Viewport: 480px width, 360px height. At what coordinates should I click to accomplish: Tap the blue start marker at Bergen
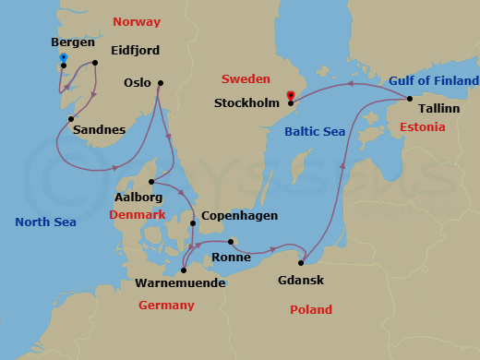tap(63, 58)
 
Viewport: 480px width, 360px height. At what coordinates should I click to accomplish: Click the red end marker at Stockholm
tap(291, 94)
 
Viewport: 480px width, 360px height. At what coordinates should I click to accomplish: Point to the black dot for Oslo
tap(160, 84)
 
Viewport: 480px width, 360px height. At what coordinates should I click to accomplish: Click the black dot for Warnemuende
tap(184, 270)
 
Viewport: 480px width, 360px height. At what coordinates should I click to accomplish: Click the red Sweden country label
tap(252, 79)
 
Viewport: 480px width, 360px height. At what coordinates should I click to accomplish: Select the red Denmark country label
tap(137, 214)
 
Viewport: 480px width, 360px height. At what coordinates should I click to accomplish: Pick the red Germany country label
tap(165, 305)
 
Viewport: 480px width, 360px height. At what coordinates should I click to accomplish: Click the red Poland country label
tap(310, 310)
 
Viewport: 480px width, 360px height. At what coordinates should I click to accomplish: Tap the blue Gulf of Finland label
tap(434, 81)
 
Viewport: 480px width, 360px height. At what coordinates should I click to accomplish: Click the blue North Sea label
tap(45, 222)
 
